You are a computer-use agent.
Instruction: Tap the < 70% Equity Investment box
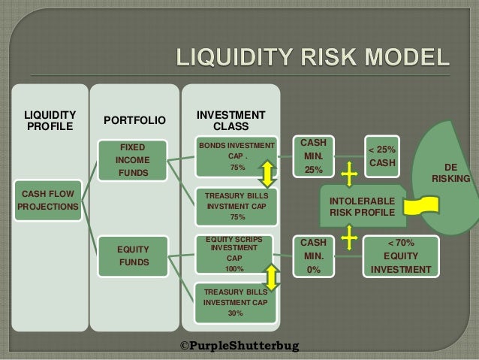(401, 256)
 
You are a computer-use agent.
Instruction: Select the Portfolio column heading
(135, 119)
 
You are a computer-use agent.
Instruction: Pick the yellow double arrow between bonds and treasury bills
(267, 174)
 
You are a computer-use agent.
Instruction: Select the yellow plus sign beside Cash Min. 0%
(348, 237)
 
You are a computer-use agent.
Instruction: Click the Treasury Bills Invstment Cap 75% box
(236, 205)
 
